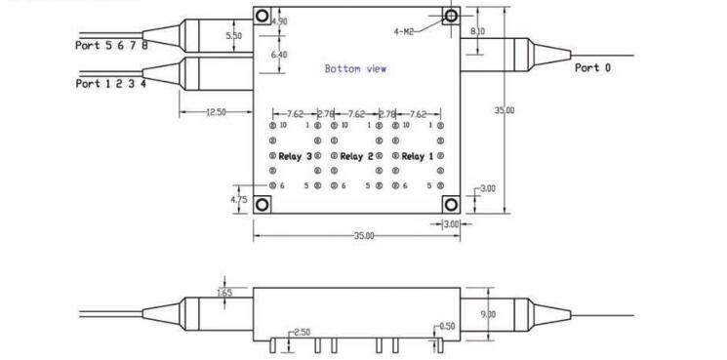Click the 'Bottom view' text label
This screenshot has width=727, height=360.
[x=355, y=69]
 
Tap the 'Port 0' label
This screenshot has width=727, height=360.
[x=592, y=67]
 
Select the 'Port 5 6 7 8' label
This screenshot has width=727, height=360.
[x=111, y=45]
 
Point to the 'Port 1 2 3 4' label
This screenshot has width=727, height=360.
[x=111, y=83]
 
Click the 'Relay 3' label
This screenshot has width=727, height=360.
[x=295, y=157]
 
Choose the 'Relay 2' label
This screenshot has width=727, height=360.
[x=356, y=157]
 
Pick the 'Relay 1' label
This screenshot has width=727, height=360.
[x=418, y=157]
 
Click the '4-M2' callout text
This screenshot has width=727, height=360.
[x=403, y=31]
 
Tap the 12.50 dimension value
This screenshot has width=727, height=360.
[x=216, y=111]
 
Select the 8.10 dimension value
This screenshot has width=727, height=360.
[x=477, y=31]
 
